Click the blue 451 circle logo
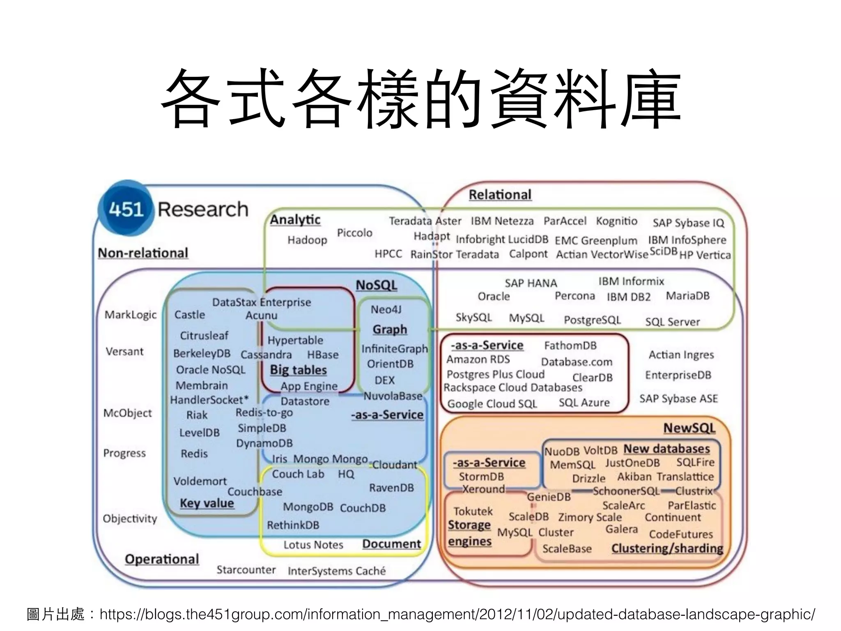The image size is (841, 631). (x=126, y=209)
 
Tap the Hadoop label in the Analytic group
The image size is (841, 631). (x=307, y=240)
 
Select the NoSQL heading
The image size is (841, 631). (x=376, y=285)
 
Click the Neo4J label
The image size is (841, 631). (x=386, y=309)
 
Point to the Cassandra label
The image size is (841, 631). (x=266, y=355)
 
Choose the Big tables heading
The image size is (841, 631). (x=298, y=370)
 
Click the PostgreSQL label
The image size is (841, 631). (x=592, y=320)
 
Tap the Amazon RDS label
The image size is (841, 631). (x=478, y=360)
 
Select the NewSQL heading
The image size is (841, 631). (x=689, y=428)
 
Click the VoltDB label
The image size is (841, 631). (x=600, y=451)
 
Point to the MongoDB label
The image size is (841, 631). (x=308, y=507)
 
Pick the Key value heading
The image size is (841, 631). (x=207, y=503)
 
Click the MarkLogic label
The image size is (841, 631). (x=131, y=315)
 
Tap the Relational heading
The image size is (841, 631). (x=500, y=195)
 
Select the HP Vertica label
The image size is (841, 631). (x=705, y=255)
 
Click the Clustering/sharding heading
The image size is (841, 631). (x=667, y=548)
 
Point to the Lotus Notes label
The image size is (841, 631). (x=313, y=545)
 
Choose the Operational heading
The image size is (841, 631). (x=162, y=559)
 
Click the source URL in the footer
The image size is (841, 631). (x=457, y=614)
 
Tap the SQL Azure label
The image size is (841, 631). (x=584, y=403)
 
